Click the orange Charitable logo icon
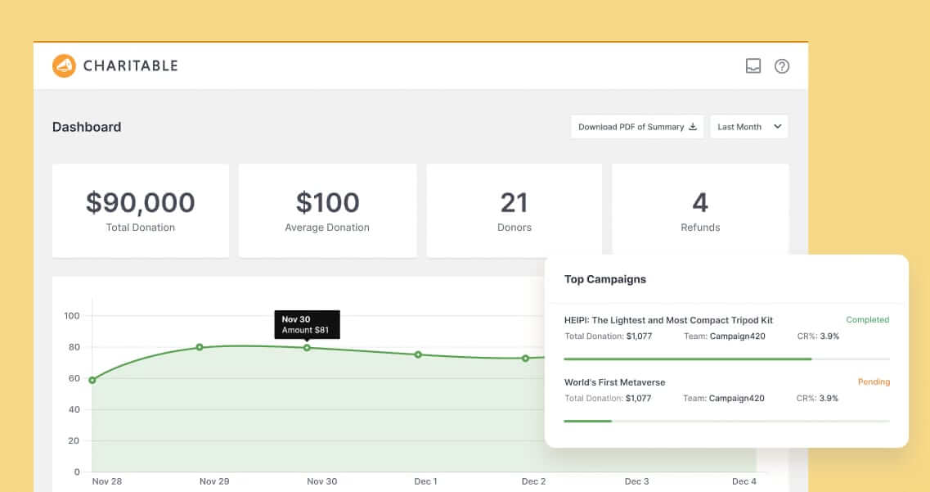coord(64,65)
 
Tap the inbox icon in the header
coord(753,66)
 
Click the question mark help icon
coord(782,66)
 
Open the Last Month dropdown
coord(749,127)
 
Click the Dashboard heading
coord(87,127)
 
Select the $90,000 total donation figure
coord(141,202)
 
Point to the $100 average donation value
coord(327,202)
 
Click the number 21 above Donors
coord(514,202)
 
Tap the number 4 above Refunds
coord(700,202)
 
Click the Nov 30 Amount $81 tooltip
coord(307,323)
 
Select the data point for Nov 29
coord(200,347)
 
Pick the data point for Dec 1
coord(418,354)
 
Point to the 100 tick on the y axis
coord(71,316)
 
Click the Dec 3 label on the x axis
coord(637,481)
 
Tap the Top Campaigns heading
coord(605,279)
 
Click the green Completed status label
coord(868,320)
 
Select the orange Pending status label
coord(874,382)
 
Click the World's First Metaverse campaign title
coord(615,382)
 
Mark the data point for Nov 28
coord(92,380)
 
